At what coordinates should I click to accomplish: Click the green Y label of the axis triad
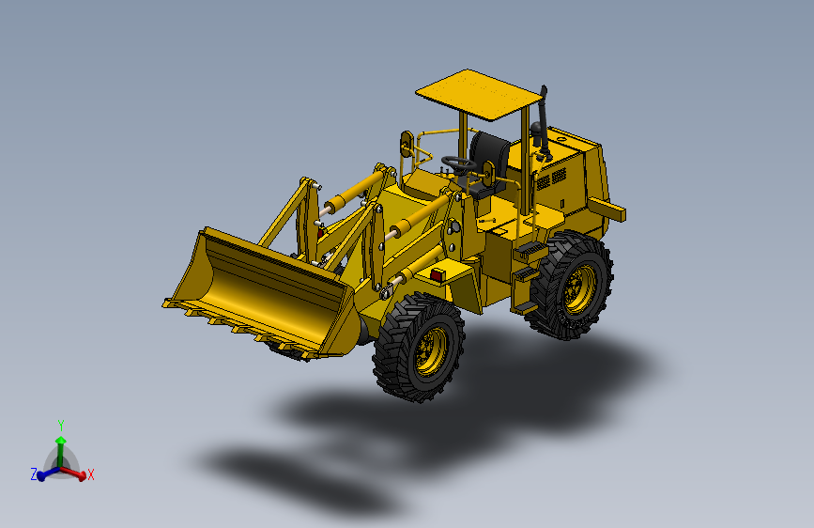click(60, 425)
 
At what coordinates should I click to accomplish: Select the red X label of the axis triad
click(91, 475)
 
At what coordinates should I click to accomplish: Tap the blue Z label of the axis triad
click(34, 474)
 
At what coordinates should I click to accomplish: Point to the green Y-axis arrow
click(60, 447)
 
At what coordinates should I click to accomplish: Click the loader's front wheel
click(420, 347)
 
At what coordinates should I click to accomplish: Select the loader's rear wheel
click(570, 286)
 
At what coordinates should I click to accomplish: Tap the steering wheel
click(459, 163)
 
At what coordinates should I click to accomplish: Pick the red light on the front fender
click(437, 275)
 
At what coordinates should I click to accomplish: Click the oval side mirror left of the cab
click(407, 145)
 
